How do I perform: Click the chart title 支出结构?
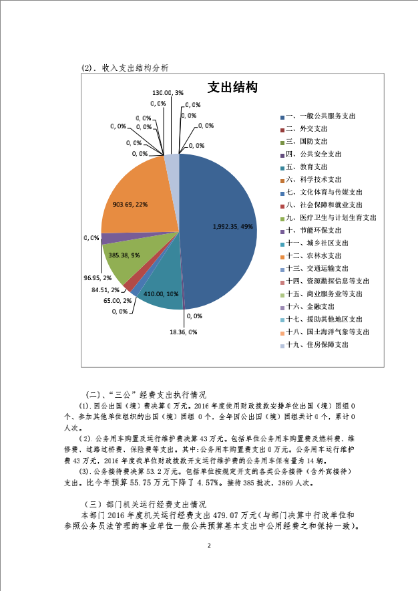tap(233, 88)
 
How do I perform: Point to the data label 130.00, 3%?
tap(168, 92)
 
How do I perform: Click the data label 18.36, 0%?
tap(183, 332)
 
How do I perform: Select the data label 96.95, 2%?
tap(97, 276)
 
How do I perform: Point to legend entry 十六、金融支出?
tap(310, 307)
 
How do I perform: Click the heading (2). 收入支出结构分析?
tap(124, 68)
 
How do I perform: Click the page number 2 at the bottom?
tap(209, 547)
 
